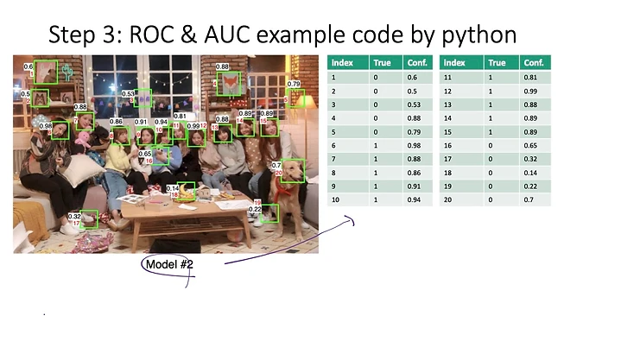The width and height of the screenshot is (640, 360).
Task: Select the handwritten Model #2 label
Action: pyautogui.click(x=168, y=263)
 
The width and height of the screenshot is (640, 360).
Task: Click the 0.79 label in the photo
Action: pyautogui.click(x=294, y=85)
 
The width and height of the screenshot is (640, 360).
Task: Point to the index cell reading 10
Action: pyautogui.click(x=335, y=199)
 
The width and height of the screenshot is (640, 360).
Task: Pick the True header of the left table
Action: pyautogui.click(x=381, y=63)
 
